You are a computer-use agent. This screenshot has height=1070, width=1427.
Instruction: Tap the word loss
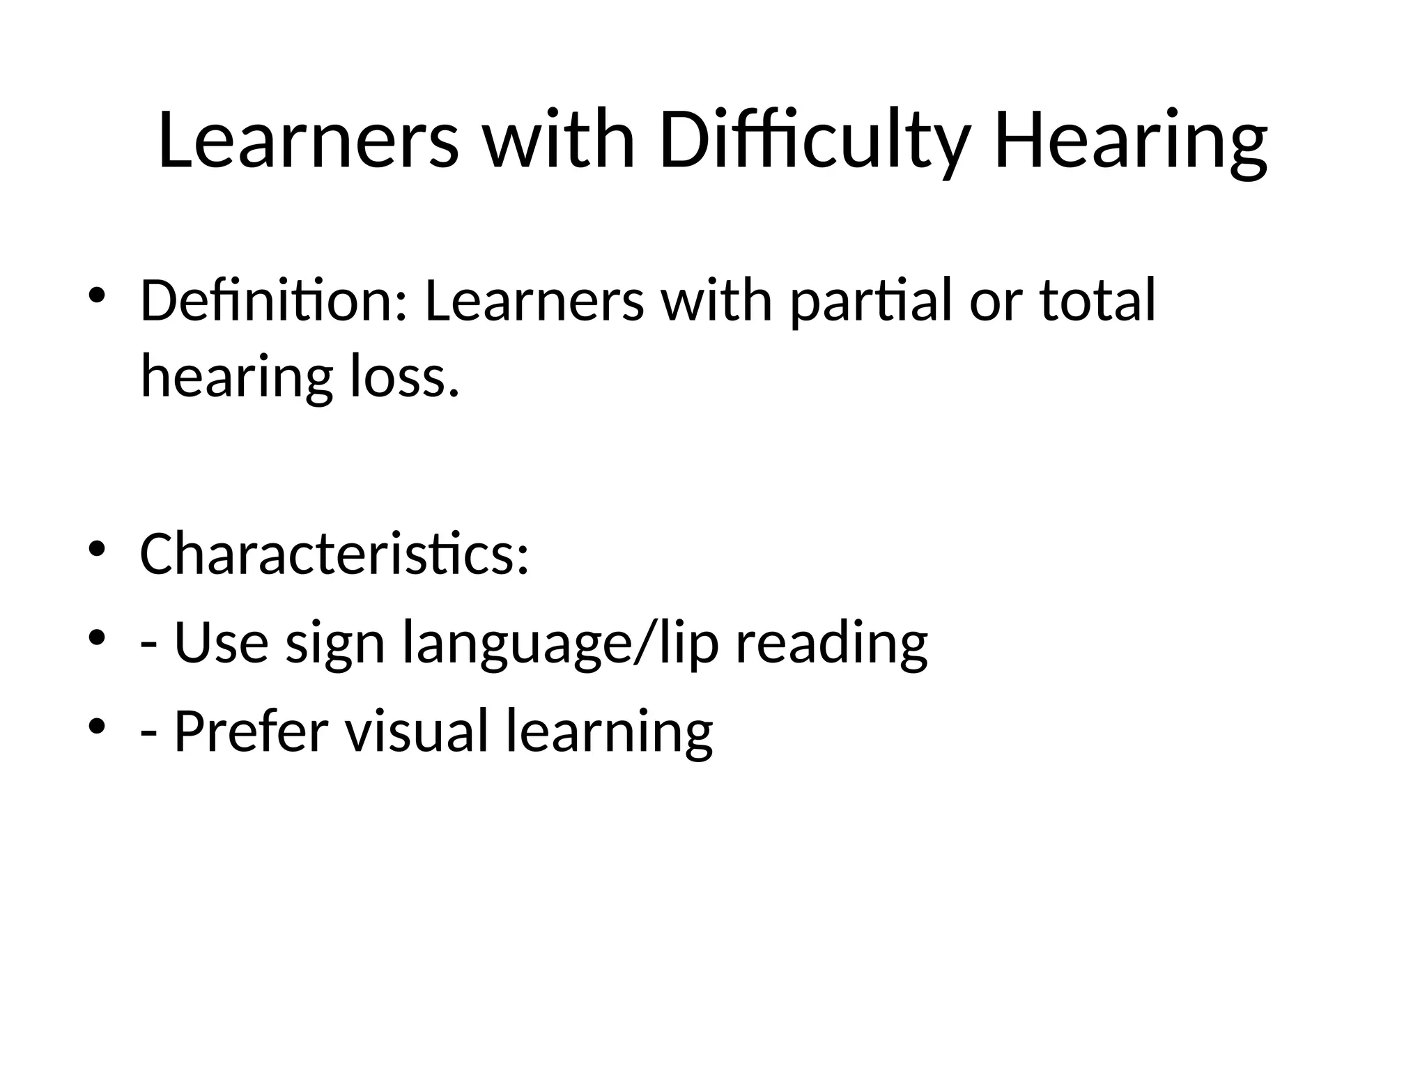pos(405,378)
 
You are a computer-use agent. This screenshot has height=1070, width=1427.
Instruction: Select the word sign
pos(335,642)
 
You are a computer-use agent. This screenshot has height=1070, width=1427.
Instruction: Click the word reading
pos(831,642)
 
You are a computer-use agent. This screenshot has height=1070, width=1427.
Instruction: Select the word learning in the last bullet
pos(609,731)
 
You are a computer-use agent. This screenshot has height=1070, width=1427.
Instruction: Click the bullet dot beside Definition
pos(97,293)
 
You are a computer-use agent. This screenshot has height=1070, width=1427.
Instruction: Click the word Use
pos(221,642)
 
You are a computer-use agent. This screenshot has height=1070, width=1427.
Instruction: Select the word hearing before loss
pos(236,378)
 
